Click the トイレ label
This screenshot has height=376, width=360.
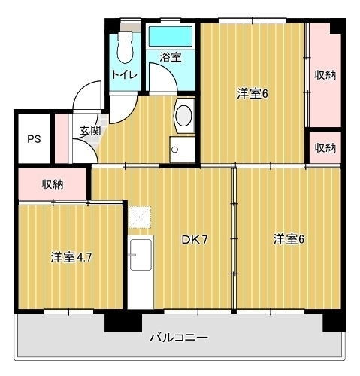[x=123, y=74]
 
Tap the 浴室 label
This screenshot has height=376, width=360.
[x=170, y=56]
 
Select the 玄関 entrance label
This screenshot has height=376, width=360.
[x=90, y=129]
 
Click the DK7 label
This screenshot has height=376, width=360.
[x=195, y=240]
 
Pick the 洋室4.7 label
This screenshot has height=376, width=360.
[x=71, y=258]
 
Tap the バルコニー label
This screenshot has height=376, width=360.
[x=178, y=337]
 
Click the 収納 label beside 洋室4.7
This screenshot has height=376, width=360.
[x=52, y=183]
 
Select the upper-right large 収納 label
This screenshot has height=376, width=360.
[x=325, y=74]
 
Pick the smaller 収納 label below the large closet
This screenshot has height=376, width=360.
[x=325, y=147]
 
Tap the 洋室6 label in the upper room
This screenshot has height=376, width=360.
[x=253, y=93]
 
